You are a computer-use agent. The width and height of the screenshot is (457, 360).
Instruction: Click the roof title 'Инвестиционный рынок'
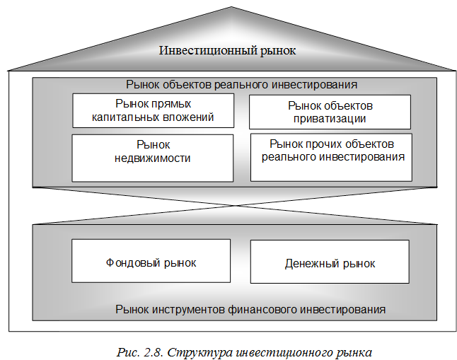pos(226,51)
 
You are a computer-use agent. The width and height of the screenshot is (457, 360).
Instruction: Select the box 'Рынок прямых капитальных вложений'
pos(153,111)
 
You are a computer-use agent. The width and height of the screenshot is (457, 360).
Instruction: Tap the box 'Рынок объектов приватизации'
pos(330,112)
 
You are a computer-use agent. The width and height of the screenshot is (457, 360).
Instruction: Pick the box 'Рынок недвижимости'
pos(153,157)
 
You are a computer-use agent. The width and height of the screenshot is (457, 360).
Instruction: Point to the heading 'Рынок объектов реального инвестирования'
pos(241,84)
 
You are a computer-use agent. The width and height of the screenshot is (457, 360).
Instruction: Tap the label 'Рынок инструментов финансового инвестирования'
pos(250,309)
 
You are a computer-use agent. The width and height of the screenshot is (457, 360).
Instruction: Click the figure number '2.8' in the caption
pos(154,352)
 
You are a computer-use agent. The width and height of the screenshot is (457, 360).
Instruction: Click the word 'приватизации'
pos(330,119)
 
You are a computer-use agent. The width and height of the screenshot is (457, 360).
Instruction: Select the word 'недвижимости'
pos(153,158)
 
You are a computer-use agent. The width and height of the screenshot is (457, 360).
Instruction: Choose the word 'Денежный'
pos(310,264)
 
